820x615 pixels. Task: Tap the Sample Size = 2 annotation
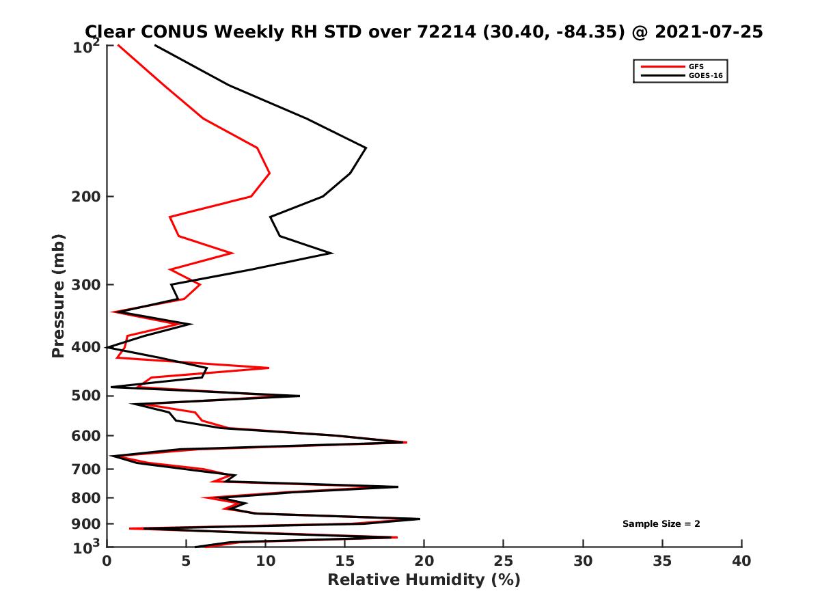[x=661, y=524]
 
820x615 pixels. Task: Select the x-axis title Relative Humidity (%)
[x=424, y=580]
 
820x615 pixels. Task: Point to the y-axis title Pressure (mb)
[x=58, y=295]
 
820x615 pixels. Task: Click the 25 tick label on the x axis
[x=504, y=561]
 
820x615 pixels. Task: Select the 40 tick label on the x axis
[x=741, y=561]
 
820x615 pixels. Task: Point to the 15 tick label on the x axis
[x=345, y=561]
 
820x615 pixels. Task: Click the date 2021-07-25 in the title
[x=707, y=31]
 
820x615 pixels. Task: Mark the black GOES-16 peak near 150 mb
[x=366, y=148]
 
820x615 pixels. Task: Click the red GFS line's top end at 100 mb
[x=118, y=45]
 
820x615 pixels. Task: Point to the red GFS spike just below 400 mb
[x=268, y=368]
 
